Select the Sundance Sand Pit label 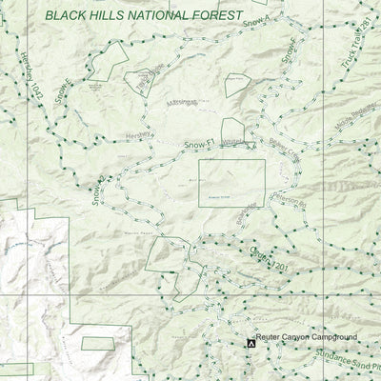349,362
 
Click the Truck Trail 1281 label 358,43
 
